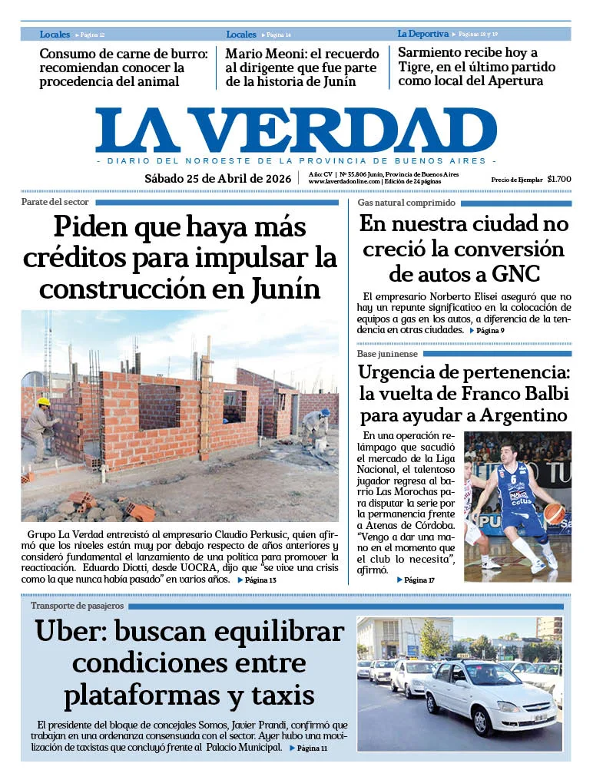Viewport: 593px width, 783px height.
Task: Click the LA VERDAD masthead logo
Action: tap(296, 130)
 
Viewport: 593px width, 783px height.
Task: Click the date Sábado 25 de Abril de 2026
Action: tap(218, 179)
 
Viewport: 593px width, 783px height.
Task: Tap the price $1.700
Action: tap(559, 179)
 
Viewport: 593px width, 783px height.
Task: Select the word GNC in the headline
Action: tap(516, 273)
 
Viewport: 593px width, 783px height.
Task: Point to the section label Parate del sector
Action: tap(55, 203)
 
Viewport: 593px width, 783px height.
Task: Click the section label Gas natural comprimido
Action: tap(406, 203)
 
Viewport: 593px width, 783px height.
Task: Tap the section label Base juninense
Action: tap(387, 354)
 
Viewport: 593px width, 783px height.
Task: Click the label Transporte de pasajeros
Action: tap(77, 606)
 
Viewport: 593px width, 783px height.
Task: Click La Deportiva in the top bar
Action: tap(422, 34)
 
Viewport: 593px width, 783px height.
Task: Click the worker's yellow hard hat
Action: tap(44, 401)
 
